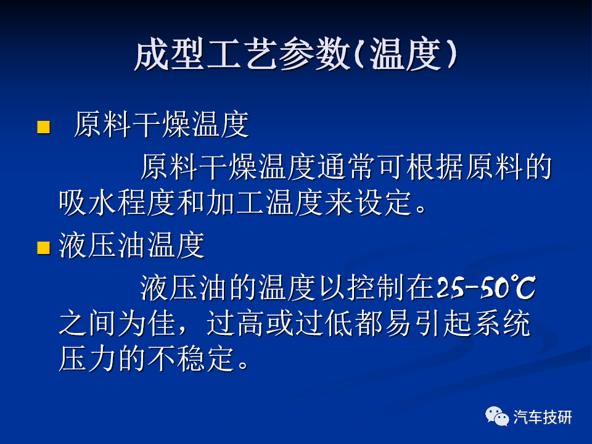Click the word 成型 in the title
point(170,54)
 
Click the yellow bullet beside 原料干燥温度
point(43,127)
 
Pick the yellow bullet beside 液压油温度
point(43,248)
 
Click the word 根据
point(435,166)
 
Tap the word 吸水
point(88,203)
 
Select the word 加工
point(235,203)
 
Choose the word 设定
point(383,203)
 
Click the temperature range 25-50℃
point(486,288)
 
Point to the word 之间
point(88,324)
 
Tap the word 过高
point(235,324)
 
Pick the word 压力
point(88,358)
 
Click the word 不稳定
point(191,358)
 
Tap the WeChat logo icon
point(497,416)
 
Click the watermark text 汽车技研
point(543,417)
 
